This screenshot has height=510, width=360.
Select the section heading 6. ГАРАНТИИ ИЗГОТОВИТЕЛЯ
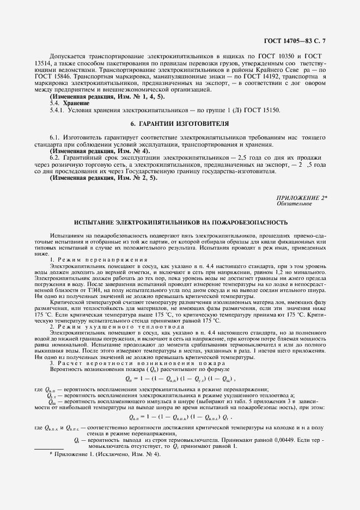pos(180,124)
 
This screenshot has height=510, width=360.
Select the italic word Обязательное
pos(294,204)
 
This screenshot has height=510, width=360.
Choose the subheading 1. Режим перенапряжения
pos(91,258)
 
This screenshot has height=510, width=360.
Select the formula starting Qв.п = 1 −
pos(180,417)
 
